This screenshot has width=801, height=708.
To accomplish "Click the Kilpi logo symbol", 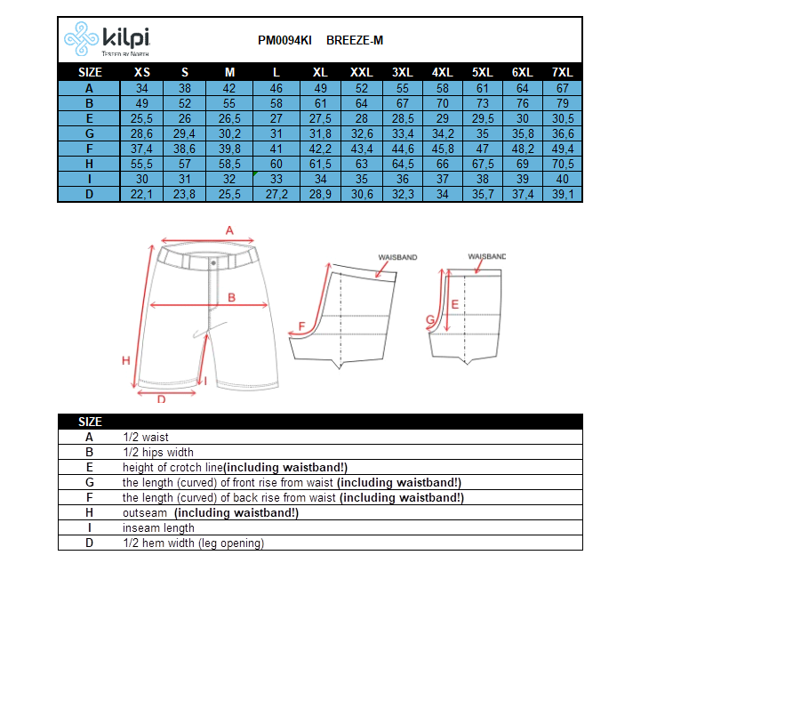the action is click(x=81, y=38).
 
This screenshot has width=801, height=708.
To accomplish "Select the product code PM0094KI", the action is click(x=284, y=40).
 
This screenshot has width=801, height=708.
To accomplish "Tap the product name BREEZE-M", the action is click(x=355, y=40).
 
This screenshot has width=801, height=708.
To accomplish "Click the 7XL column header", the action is click(x=562, y=72).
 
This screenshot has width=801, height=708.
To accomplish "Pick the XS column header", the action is click(x=141, y=72).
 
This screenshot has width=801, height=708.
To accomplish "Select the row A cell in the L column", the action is click(x=276, y=88).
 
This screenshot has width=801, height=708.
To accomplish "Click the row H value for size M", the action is click(x=229, y=164).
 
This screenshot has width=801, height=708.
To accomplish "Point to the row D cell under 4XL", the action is click(x=443, y=194).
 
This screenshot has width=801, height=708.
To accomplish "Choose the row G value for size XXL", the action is click(x=362, y=134).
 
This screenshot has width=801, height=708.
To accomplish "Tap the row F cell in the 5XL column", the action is click(x=482, y=149).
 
